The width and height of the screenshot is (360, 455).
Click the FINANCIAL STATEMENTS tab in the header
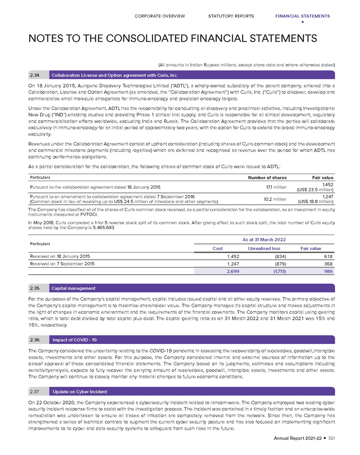[x=302, y=16]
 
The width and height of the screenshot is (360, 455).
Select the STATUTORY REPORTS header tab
[x=231, y=16]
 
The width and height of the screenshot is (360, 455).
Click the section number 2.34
[x=34, y=75]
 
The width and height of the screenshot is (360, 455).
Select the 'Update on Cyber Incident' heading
[x=79, y=391]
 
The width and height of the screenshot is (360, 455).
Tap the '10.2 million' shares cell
[x=275, y=199]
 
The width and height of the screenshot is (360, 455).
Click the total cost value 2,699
[x=233, y=272]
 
